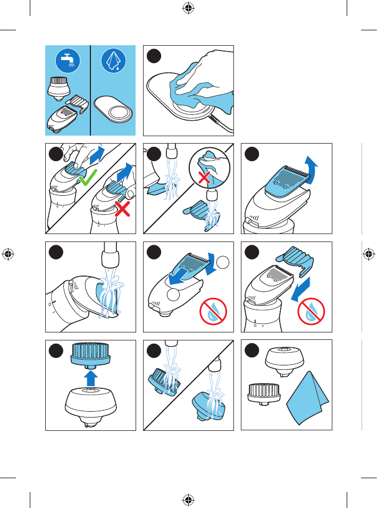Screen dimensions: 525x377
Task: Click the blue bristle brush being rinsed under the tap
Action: coord(165,378)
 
